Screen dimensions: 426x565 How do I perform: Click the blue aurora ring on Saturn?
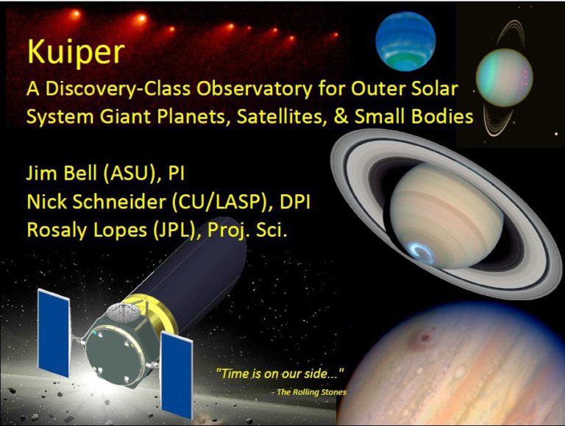coord(427,252)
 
